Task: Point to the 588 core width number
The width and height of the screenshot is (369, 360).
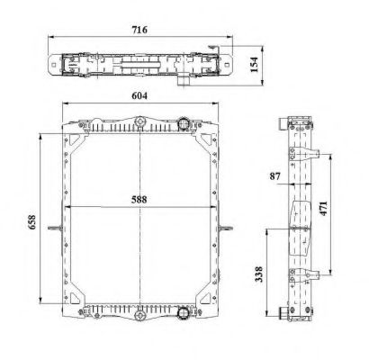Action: click(137, 200)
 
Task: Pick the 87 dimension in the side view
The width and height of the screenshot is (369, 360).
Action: click(274, 176)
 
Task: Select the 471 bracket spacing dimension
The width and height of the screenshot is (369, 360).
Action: click(334, 209)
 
